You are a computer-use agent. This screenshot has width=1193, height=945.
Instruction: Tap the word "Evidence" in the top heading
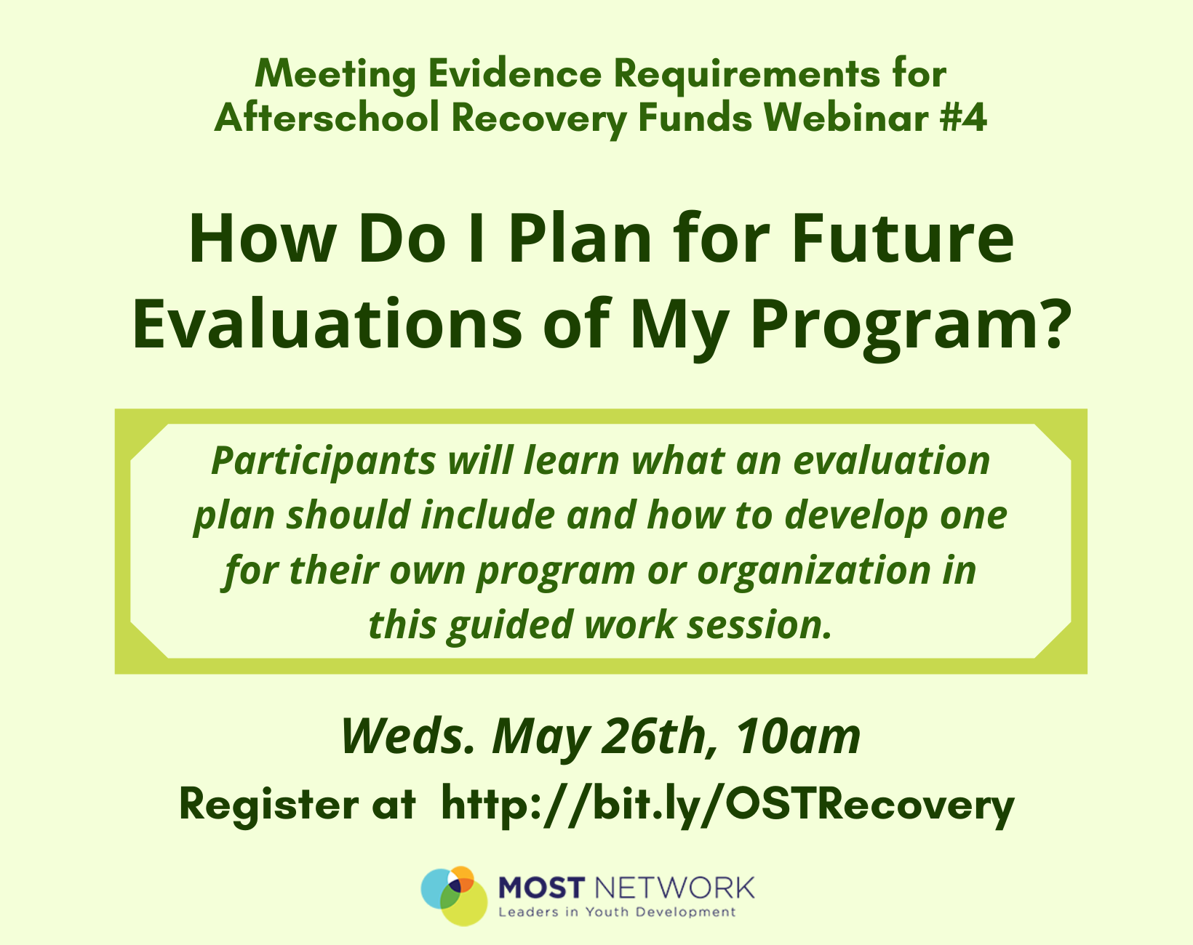(515, 73)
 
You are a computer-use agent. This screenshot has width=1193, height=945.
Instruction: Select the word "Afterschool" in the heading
(327, 118)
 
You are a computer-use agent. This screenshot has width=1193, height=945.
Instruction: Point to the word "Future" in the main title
(903, 239)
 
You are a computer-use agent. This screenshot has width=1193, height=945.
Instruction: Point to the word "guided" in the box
(509, 626)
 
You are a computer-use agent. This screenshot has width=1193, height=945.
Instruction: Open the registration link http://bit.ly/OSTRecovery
(728, 805)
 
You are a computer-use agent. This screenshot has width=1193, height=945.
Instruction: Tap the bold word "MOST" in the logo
(542, 888)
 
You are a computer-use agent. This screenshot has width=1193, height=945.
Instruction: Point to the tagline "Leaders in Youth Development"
(617, 912)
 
